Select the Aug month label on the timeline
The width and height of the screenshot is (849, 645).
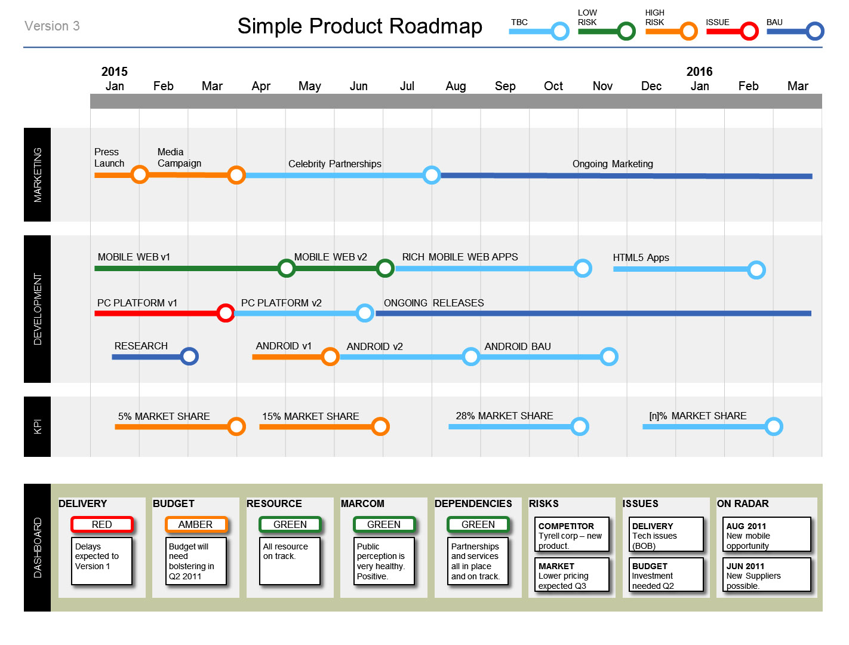click(x=456, y=86)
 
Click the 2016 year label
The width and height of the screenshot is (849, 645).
click(x=699, y=72)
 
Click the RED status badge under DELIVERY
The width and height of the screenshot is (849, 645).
click(x=101, y=525)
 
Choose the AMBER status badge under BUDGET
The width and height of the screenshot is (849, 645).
click(x=196, y=525)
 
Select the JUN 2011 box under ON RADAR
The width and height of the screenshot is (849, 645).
click(x=767, y=575)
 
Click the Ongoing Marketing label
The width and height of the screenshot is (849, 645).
click(x=613, y=164)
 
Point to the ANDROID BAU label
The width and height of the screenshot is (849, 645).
click(x=518, y=346)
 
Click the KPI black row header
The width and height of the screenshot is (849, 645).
click(x=37, y=427)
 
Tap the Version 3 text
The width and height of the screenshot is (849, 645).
click(x=52, y=26)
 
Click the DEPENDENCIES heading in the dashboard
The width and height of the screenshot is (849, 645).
click(x=473, y=504)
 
